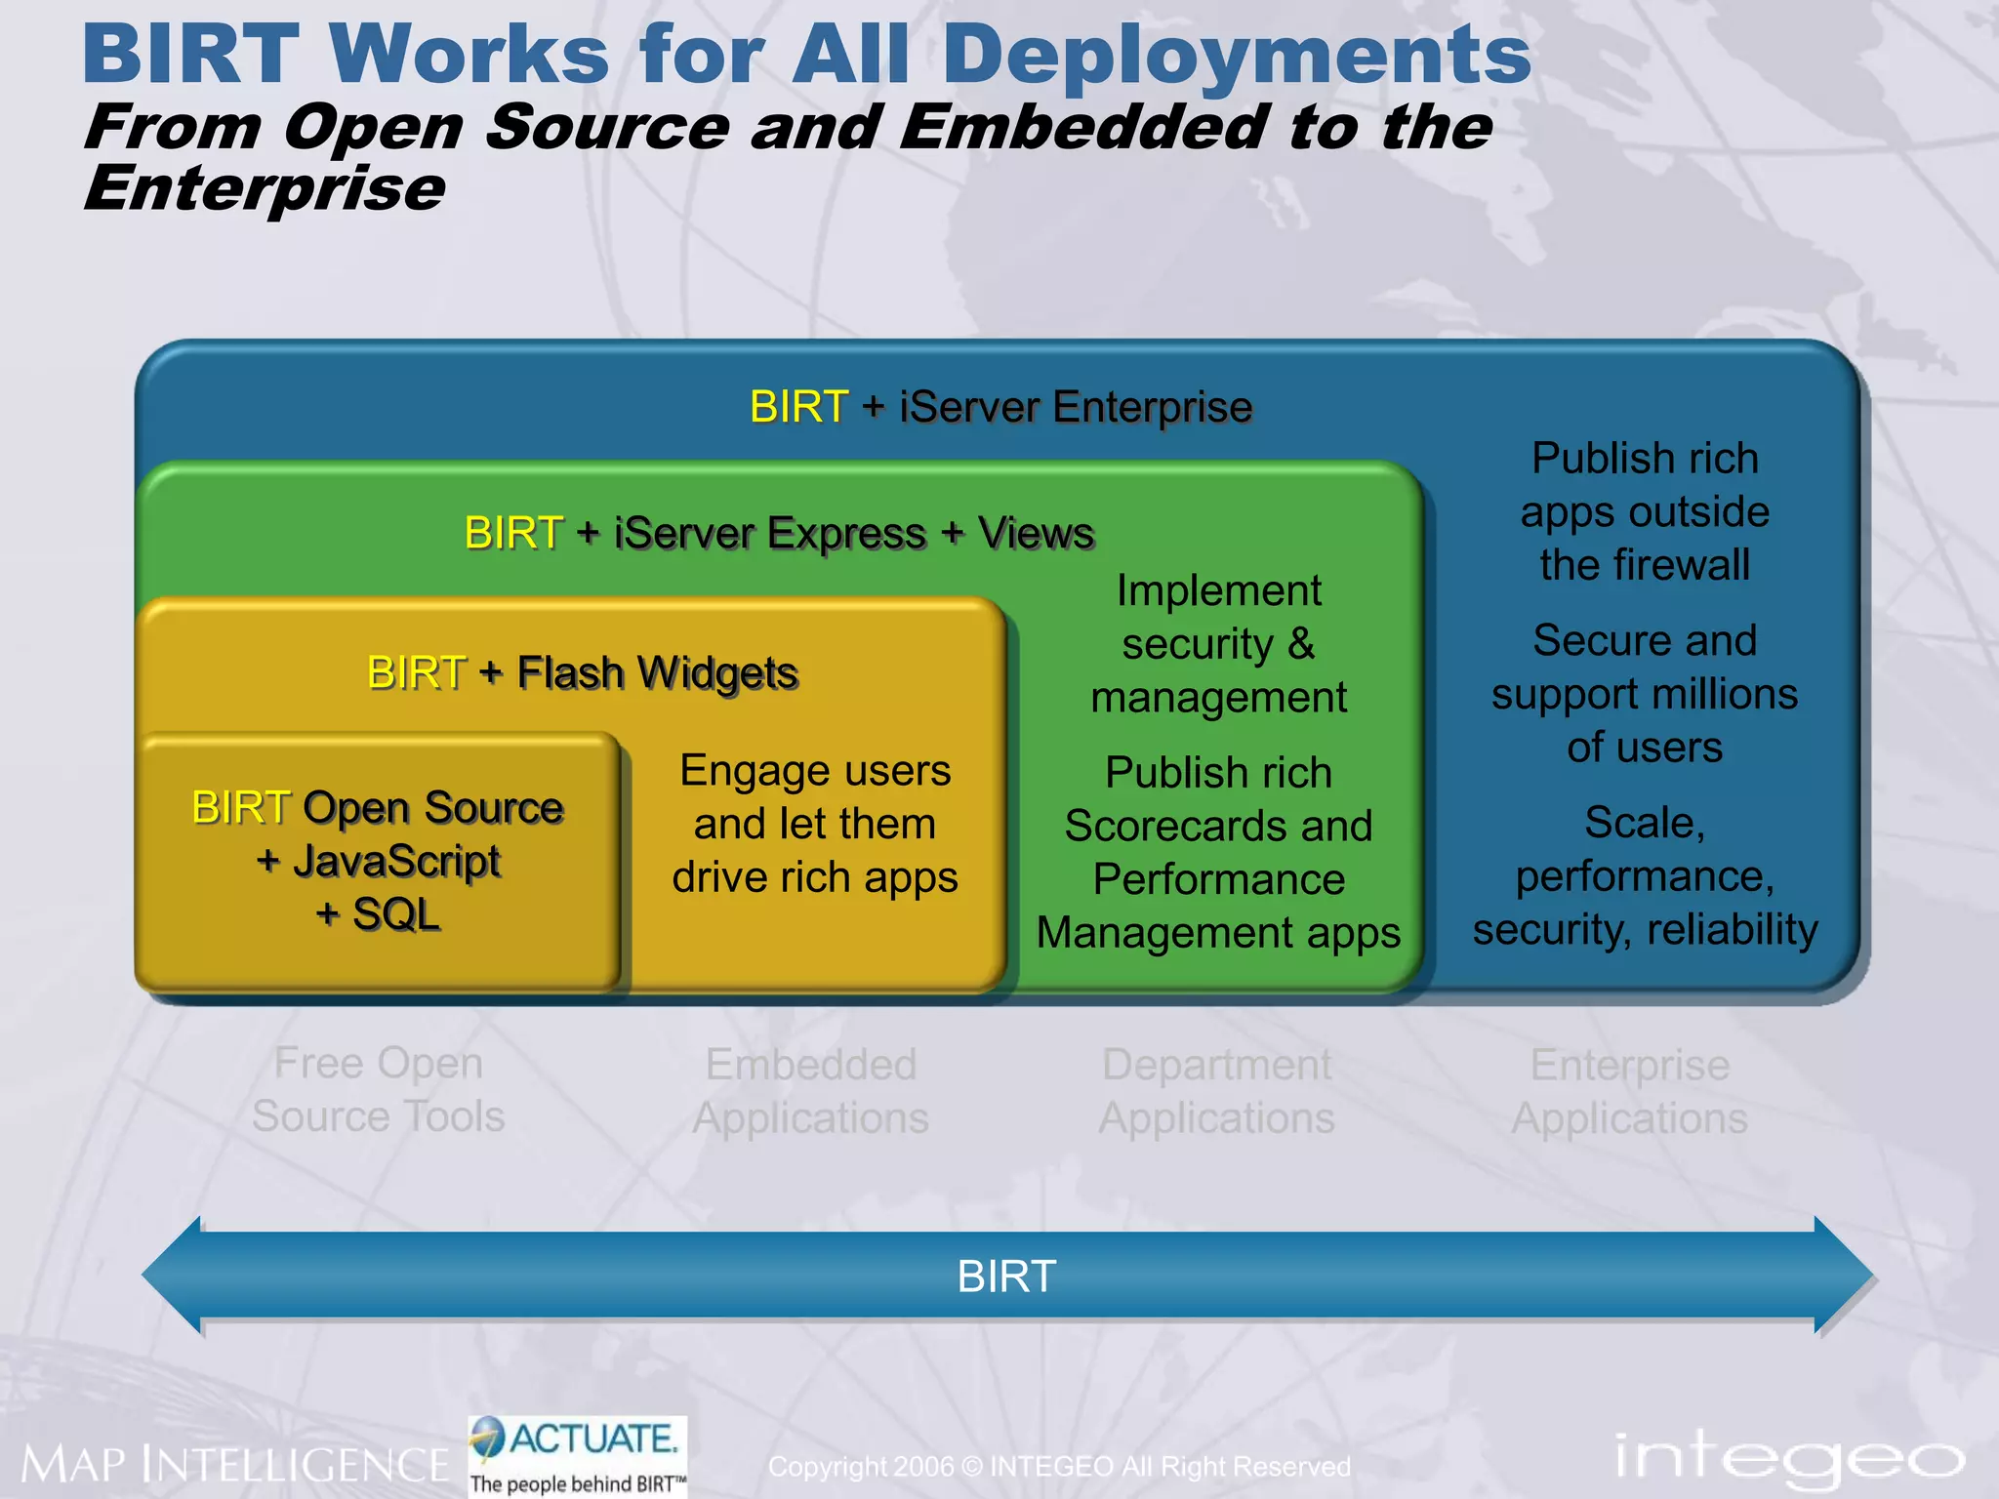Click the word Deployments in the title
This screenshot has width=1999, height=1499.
click(1236, 55)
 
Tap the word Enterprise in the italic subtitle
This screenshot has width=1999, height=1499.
click(264, 187)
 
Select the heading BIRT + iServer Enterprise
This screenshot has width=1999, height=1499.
click(1000, 407)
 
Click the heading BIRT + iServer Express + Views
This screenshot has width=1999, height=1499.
click(779, 534)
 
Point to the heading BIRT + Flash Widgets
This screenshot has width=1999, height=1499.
click(583, 673)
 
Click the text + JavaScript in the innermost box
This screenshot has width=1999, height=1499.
click(379, 862)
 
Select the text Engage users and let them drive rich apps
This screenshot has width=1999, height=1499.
click(815, 824)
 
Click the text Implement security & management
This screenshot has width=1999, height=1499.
click(1218, 644)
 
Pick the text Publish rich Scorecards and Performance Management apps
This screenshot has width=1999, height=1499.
click(1218, 852)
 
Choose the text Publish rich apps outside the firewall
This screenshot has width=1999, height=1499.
click(1645, 511)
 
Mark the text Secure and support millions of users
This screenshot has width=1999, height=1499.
click(1645, 694)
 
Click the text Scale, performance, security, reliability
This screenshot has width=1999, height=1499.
click(1645, 875)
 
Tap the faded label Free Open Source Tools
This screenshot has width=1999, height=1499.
click(379, 1089)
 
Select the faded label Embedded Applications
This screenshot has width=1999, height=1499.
click(810, 1091)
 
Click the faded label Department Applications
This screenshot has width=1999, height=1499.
click(1216, 1091)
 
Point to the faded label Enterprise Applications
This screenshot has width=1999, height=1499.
click(1629, 1091)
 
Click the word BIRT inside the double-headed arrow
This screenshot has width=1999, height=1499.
click(1006, 1276)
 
